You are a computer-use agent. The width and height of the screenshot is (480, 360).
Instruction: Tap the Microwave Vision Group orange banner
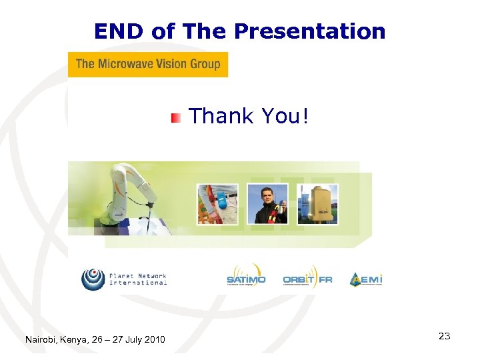click(148, 65)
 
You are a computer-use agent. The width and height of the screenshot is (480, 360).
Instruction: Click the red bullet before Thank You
click(175, 118)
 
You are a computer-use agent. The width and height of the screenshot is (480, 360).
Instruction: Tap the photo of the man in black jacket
click(267, 204)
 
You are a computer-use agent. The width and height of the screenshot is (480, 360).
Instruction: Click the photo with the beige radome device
click(317, 204)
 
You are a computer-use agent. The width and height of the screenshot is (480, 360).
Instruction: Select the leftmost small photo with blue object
click(217, 204)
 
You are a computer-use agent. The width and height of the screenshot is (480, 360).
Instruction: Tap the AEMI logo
click(366, 279)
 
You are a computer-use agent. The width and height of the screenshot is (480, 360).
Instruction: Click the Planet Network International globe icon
click(93, 279)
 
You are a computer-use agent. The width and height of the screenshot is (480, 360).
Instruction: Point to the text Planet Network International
click(138, 279)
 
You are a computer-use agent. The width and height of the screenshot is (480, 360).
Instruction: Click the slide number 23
click(444, 336)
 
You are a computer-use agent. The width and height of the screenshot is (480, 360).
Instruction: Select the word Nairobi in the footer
click(41, 340)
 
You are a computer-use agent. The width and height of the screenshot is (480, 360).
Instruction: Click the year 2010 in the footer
click(155, 340)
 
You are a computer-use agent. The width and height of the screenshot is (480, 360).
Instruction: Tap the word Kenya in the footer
click(74, 340)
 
